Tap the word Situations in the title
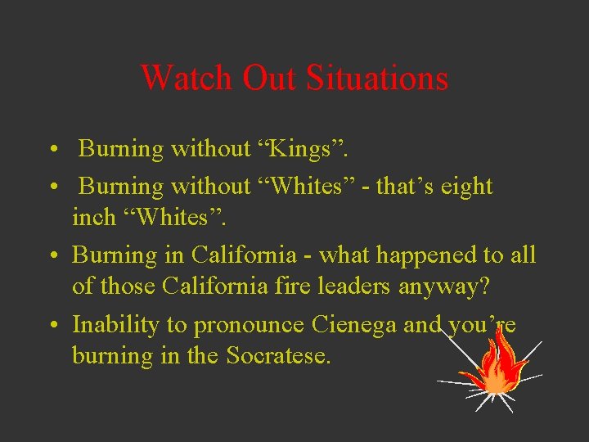coord(377,79)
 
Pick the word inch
coord(93,218)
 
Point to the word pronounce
coord(245,325)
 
